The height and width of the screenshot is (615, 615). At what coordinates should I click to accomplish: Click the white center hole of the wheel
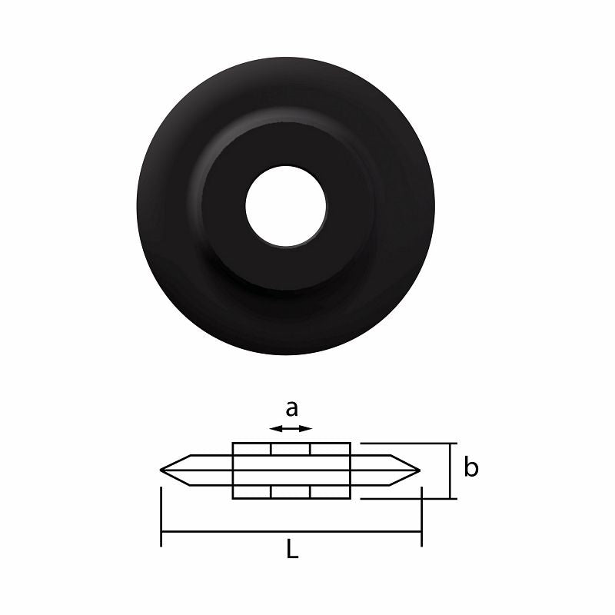pyautogui.click(x=286, y=205)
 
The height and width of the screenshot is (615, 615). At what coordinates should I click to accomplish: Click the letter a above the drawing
pyautogui.click(x=291, y=407)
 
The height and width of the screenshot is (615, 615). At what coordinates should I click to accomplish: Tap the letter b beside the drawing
pyautogui.click(x=471, y=467)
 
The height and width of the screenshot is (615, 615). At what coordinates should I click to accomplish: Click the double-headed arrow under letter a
pyautogui.click(x=291, y=428)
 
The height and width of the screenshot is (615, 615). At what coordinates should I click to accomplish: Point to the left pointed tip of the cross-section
pyautogui.click(x=163, y=470)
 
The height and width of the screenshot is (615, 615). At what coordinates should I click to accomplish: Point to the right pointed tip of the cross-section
pyautogui.click(x=417, y=470)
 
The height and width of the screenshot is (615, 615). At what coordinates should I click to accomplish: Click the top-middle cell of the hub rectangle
pyautogui.click(x=291, y=449)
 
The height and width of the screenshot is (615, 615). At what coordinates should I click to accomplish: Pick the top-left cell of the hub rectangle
pyautogui.click(x=252, y=449)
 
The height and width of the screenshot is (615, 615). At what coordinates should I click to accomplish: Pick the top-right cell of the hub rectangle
pyautogui.click(x=331, y=449)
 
